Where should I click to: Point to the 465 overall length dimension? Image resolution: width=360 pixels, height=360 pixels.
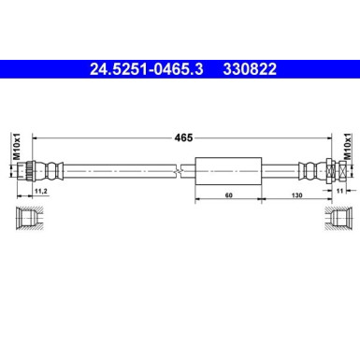tap(183, 137)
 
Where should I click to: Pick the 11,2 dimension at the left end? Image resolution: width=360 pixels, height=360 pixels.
tap(40, 194)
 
